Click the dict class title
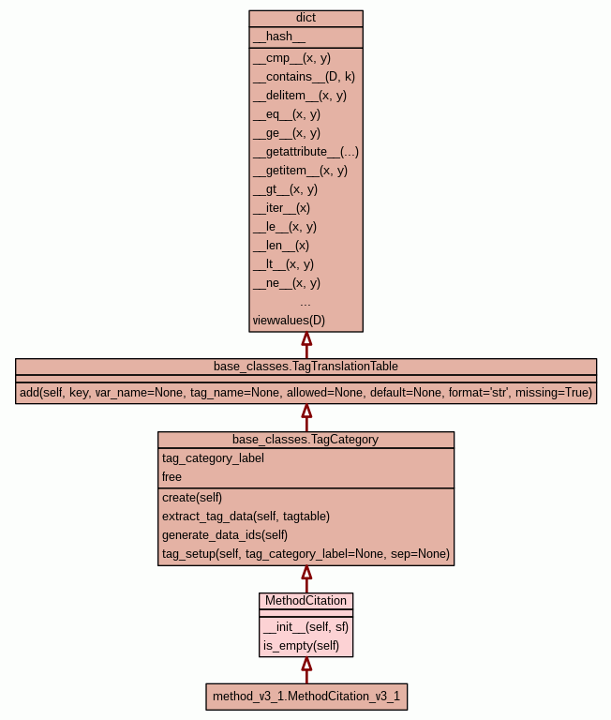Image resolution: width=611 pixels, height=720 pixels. [x=305, y=18]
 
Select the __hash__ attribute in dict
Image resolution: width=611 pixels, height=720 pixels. [x=278, y=37]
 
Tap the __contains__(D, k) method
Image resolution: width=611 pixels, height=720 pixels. [x=304, y=76]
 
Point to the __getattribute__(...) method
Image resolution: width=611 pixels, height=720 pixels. [x=305, y=151]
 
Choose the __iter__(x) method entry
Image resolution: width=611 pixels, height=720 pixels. [x=281, y=207]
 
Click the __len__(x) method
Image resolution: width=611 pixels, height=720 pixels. [x=280, y=245]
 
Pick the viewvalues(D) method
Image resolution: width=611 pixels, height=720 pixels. [x=289, y=320]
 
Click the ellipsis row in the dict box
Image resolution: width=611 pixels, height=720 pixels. [x=305, y=302]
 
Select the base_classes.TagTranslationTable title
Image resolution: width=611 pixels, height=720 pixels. [x=305, y=365]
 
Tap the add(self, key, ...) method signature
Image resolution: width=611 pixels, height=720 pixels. [x=305, y=392]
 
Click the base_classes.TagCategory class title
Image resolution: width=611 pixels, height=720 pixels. [x=305, y=439]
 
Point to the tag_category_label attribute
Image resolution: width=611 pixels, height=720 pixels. [x=213, y=457]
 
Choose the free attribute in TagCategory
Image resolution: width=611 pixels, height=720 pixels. [x=171, y=476]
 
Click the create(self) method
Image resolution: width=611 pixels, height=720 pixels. [x=192, y=497]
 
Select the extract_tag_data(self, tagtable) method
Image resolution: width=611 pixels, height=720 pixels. [x=246, y=516]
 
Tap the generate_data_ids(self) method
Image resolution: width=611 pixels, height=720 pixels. [x=224, y=534]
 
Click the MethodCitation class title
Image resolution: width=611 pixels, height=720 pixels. [x=305, y=600]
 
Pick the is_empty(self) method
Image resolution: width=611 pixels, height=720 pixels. [x=301, y=645]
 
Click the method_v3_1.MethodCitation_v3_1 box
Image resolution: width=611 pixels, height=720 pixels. [x=305, y=697]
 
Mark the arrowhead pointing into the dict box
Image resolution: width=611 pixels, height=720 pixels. [x=305, y=339]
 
